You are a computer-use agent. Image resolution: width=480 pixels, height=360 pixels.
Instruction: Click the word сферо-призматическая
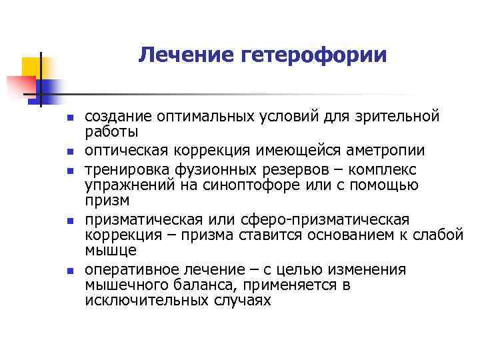point(346,219)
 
